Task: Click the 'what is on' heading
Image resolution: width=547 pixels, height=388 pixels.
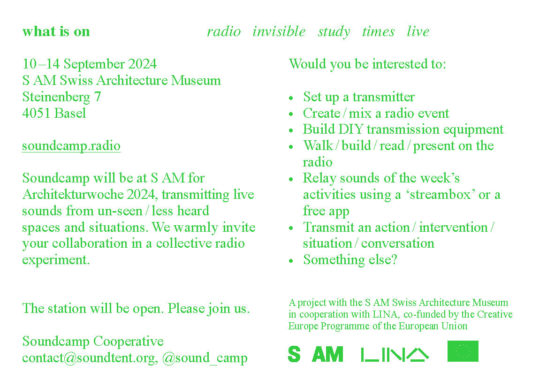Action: pyautogui.click(x=56, y=31)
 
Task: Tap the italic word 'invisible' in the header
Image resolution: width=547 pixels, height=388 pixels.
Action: pyautogui.click(x=279, y=31)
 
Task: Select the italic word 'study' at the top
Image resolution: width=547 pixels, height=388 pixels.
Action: pyautogui.click(x=334, y=32)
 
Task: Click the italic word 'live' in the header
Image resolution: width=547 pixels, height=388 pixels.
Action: pyautogui.click(x=418, y=31)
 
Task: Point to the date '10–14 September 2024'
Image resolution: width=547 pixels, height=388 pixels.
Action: pyautogui.click(x=90, y=64)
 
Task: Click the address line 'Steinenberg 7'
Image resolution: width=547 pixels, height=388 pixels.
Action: pyautogui.click(x=62, y=97)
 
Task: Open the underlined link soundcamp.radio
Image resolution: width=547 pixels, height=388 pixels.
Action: pyautogui.click(x=71, y=146)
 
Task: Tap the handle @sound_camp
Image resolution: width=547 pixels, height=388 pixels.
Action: pyautogui.click(x=205, y=358)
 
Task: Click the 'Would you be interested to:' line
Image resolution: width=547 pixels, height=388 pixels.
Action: pyautogui.click(x=368, y=64)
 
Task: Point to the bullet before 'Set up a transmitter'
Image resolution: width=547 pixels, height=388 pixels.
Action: pyautogui.click(x=291, y=99)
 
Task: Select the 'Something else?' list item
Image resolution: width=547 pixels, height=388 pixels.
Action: pyautogui.click(x=350, y=259)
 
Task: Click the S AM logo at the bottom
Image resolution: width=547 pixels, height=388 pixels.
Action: pyautogui.click(x=316, y=354)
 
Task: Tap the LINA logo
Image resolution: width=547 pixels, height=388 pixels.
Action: pyautogui.click(x=395, y=355)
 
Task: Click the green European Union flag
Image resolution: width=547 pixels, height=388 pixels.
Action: pyautogui.click(x=463, y=351)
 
